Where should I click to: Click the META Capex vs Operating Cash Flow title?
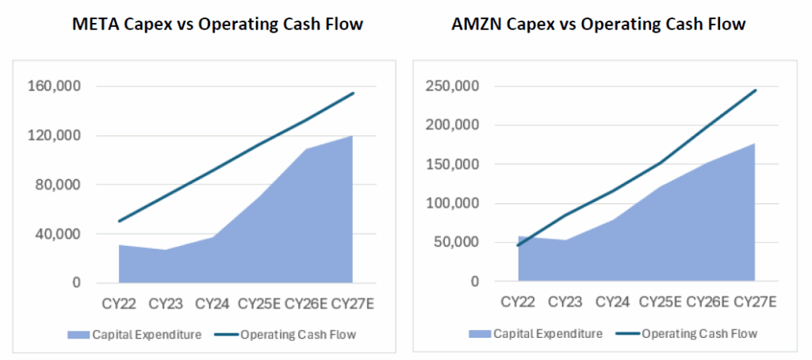pos(217,24)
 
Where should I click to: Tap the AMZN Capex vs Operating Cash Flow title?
pos(598,24)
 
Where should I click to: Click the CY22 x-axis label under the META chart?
pos(119,303)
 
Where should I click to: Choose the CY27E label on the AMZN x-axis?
pos(754,301)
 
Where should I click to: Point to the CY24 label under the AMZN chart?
pos(612,301)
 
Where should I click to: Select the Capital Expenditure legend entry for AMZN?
pos(536,334)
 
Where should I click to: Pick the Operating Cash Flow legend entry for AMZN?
pos(689,334)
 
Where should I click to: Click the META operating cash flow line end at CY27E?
pos(353,93)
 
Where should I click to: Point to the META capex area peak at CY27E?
pos(352,136)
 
